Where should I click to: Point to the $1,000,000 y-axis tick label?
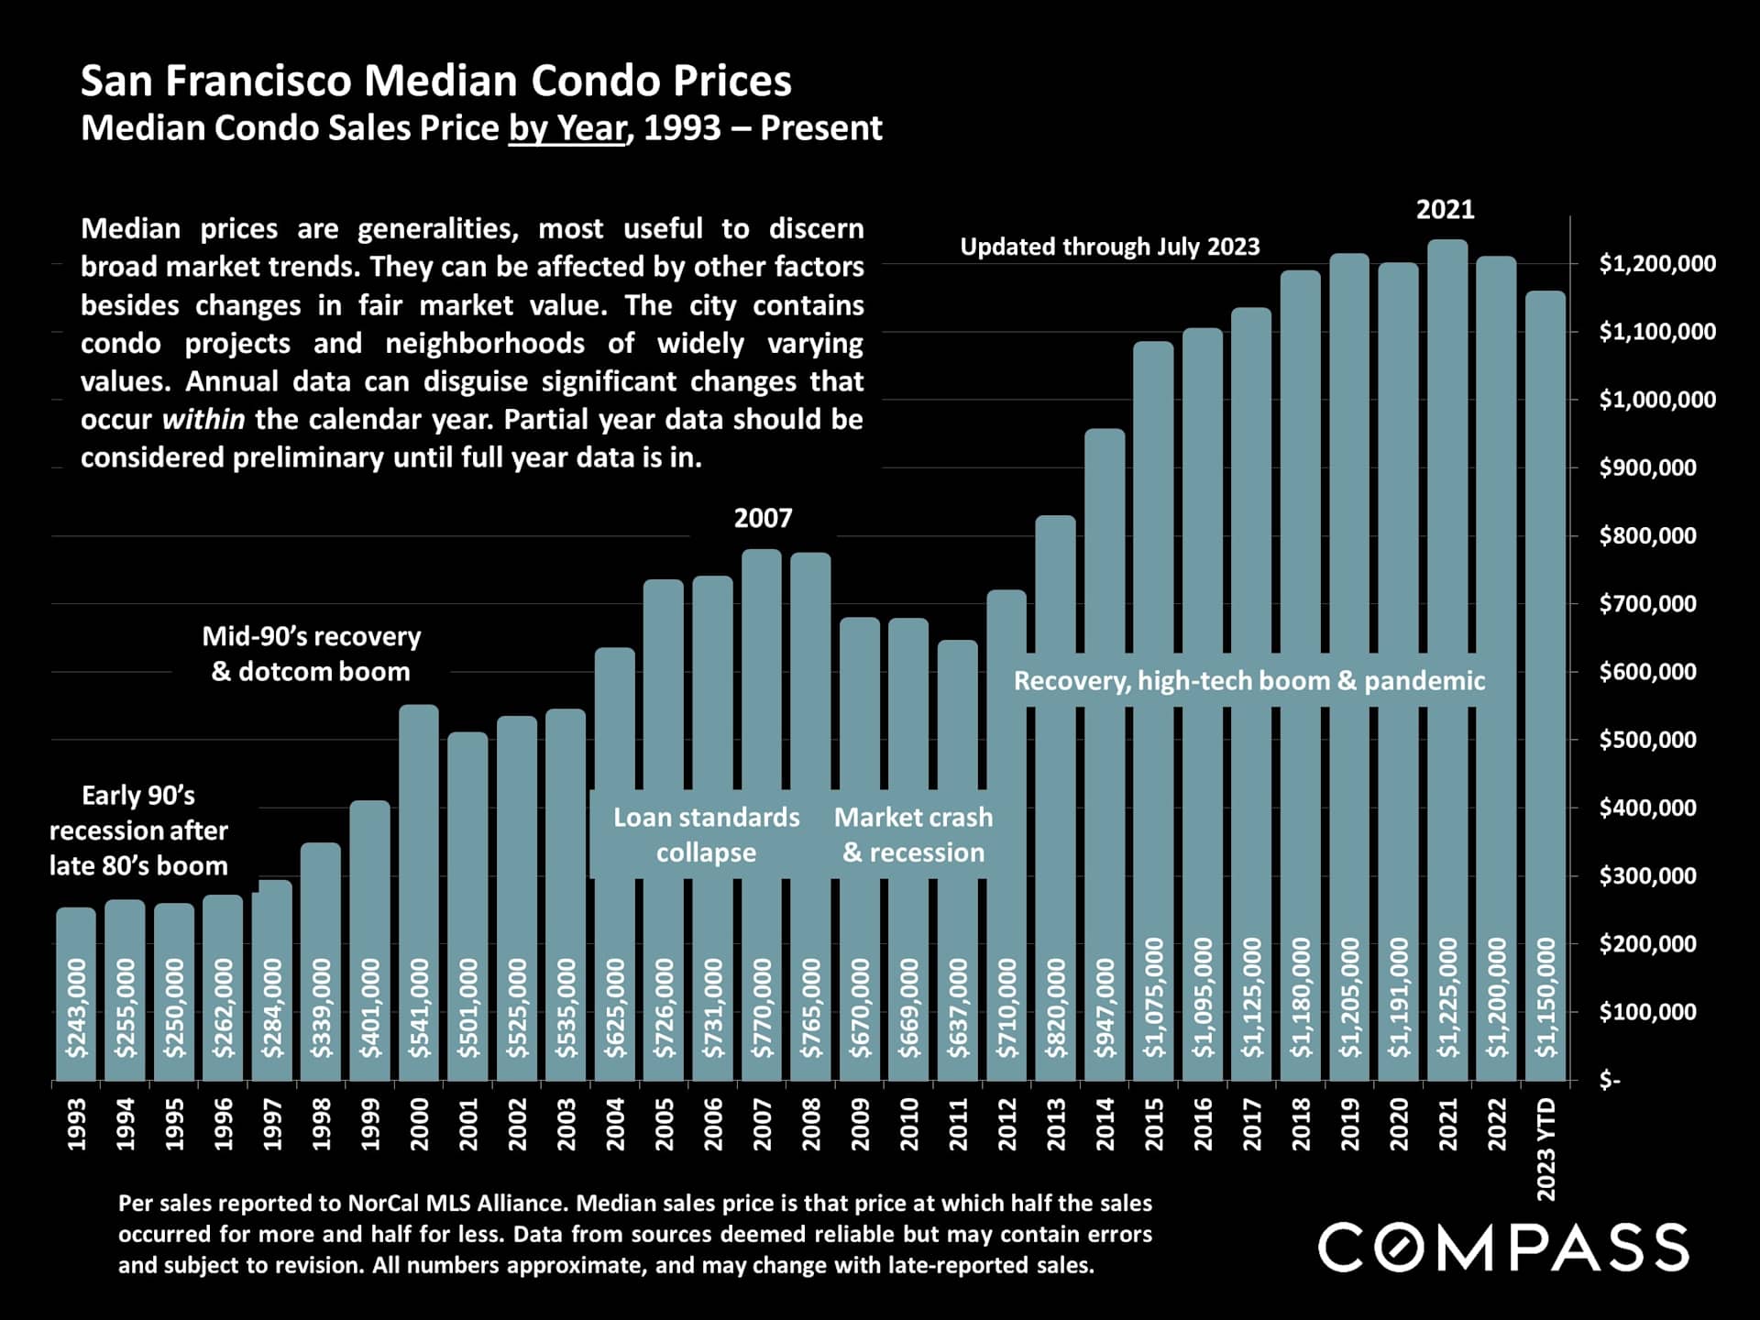pos(1656,400)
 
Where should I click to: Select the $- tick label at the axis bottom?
pos(1610,1082)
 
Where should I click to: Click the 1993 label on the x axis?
pos(77,1124)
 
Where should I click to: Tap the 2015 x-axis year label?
pos(1154,1124)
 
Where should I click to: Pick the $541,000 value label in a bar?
pos(419,1007)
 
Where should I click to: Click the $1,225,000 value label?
pos(1447,997)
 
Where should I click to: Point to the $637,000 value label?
pos(958,1007)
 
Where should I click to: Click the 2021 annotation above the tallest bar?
pos(1446,210)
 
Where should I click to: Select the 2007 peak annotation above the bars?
pos(763,519)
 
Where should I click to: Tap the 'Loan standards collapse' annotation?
pos(706,834)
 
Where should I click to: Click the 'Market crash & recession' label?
pos(913,834)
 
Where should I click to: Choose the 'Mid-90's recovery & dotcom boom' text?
pos(311,654)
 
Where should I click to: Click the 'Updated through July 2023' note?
pos(1109,247)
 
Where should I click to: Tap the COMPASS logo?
pos(1502,1248)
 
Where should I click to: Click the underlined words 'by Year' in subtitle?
pos(567,128)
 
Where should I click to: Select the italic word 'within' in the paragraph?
pos(203,420)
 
